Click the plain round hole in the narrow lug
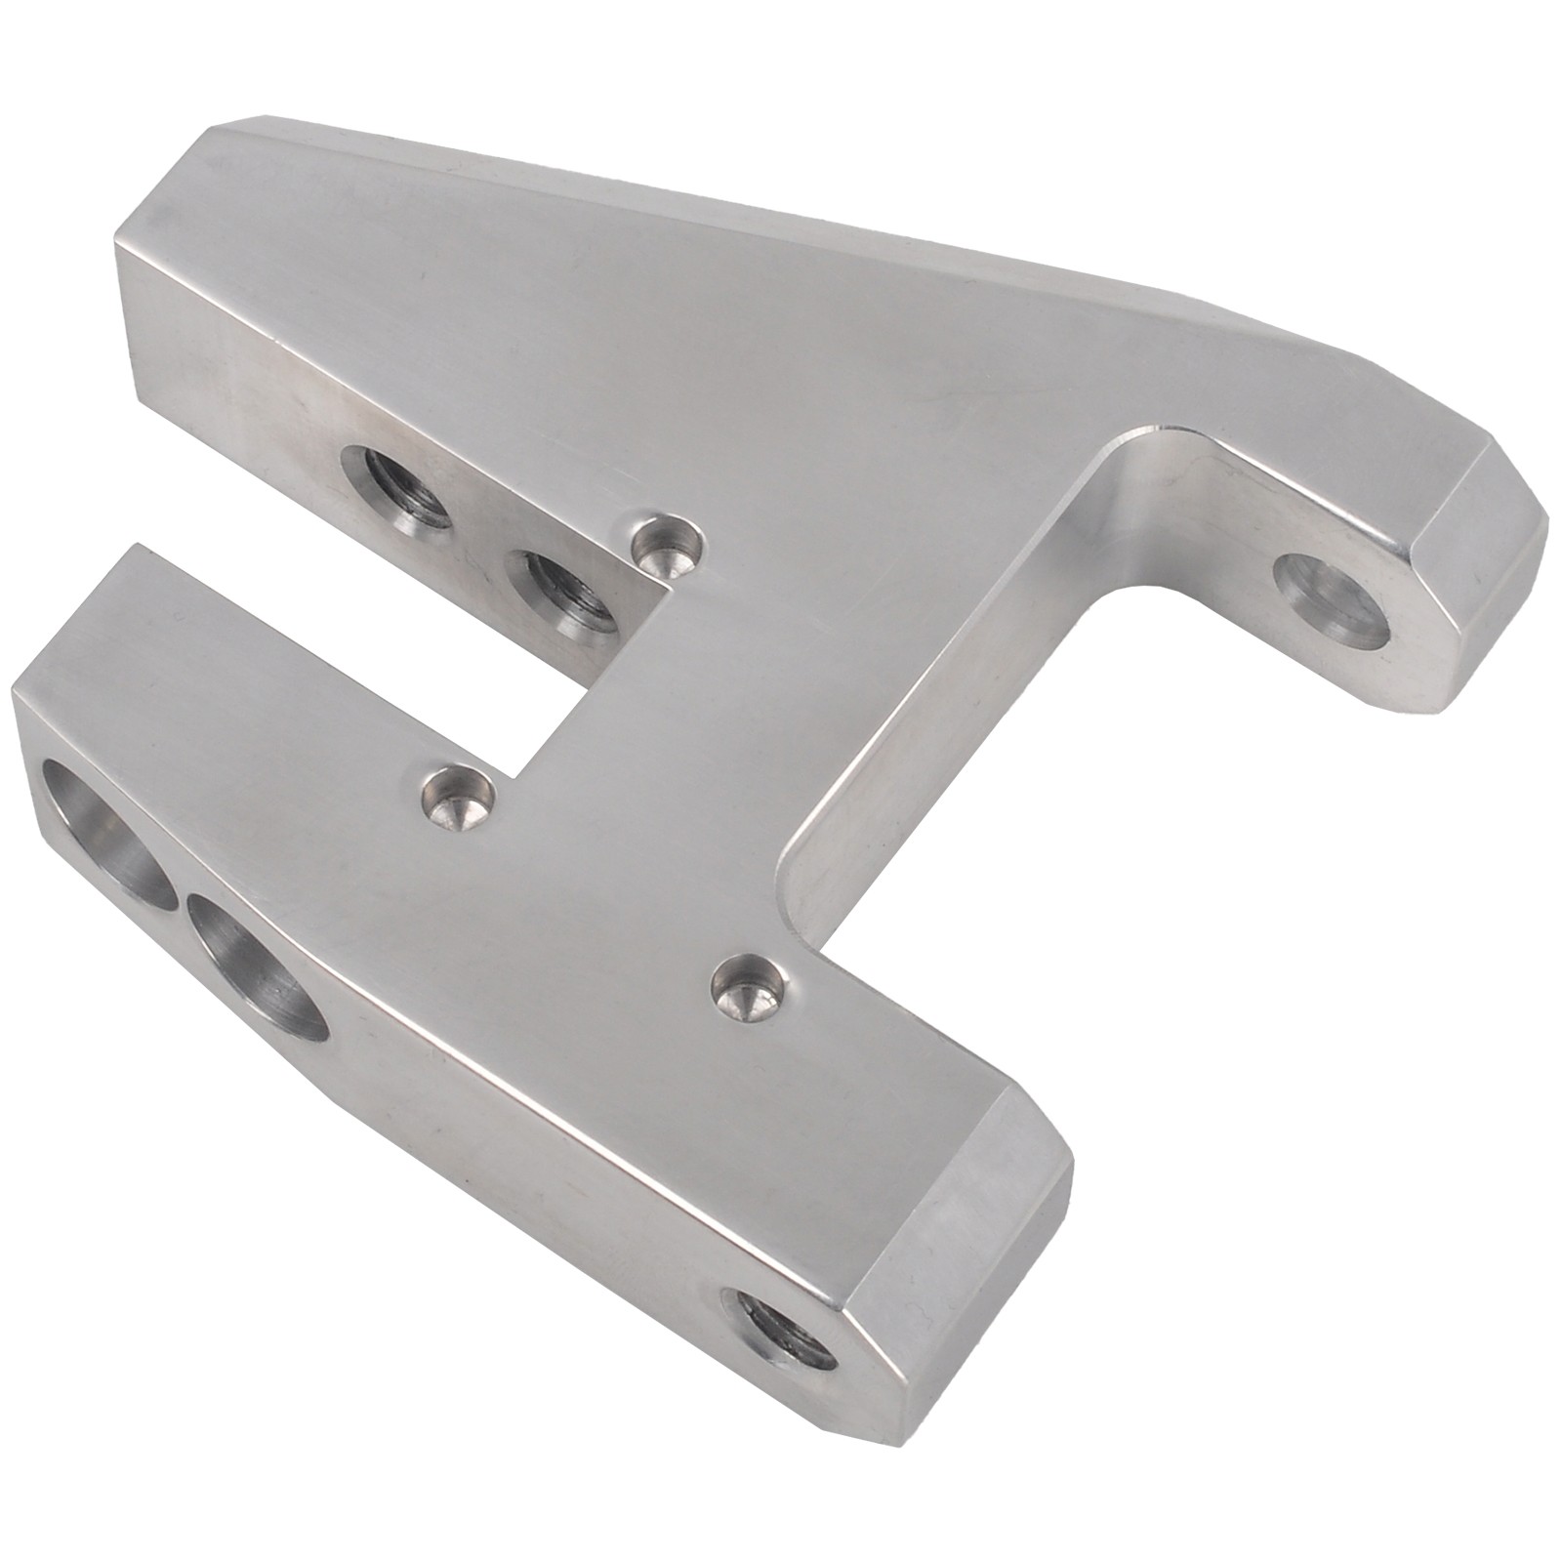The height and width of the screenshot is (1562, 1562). [1336, 600]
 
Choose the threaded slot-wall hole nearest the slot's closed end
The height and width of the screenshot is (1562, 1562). [564, 589]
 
